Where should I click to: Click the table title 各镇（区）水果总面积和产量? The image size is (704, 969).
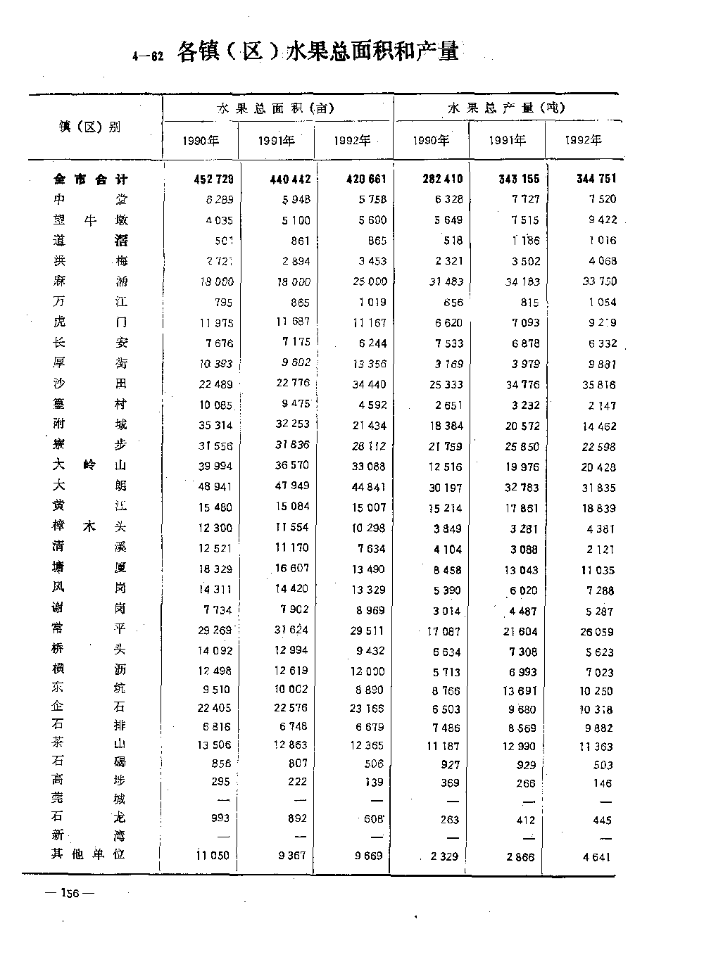pos(318,52)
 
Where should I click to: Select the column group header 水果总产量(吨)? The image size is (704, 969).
pos(506,108)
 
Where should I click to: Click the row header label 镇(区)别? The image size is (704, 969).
pos(89,127)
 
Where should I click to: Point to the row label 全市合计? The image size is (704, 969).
pos(91,179)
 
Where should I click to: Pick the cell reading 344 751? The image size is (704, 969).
pos(596,179)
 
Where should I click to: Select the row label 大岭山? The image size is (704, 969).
pos(91,465)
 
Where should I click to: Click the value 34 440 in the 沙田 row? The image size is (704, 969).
pos(370,384)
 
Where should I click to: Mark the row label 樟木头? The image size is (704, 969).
pos(91,526)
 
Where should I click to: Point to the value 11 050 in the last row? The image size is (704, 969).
pos(213,856)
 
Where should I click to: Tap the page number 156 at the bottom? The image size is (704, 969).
pos(70,894)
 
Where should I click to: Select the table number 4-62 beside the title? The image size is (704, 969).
pos(148,57)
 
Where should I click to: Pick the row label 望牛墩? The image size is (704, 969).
pos(91,220)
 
